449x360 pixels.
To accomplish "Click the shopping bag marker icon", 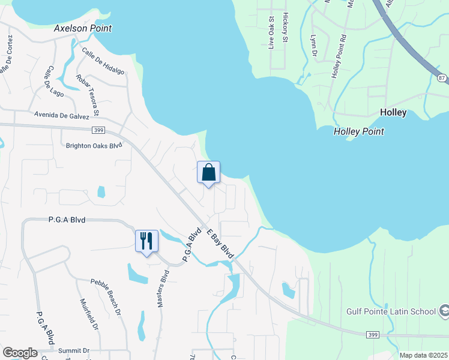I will (208, 172).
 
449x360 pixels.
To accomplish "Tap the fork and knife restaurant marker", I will (146, 241).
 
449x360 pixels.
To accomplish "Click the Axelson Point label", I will (83, 28).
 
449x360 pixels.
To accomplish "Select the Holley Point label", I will (358, 131).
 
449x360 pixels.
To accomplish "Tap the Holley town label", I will (393, 112).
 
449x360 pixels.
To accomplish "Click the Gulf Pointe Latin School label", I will (391, 311).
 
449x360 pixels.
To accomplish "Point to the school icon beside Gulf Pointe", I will (444, 311).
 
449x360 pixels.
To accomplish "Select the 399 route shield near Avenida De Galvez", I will (99, 130).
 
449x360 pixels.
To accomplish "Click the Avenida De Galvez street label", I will (62, 115).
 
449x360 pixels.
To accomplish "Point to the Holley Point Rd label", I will (339, 56).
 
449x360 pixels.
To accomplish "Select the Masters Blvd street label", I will (163, 288).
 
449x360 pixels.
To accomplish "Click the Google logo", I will (20, 353).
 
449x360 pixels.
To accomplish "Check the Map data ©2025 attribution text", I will (423, 355).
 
